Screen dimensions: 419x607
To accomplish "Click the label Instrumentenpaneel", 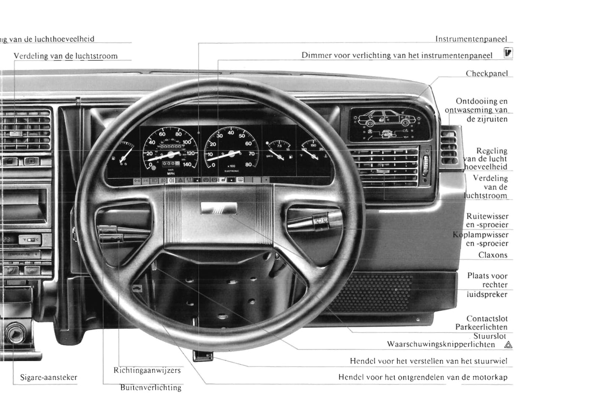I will [471, 39].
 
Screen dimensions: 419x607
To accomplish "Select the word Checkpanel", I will [486, 73].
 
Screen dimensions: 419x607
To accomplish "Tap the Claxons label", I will [492, 255].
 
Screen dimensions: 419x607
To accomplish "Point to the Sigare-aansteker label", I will [49, 377].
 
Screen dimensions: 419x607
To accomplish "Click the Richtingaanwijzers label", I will [147, 370].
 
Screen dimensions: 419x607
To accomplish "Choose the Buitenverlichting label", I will [151, 388].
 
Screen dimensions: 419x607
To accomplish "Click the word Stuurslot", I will [490, 336].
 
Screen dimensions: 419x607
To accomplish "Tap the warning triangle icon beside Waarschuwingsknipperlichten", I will [508, 345].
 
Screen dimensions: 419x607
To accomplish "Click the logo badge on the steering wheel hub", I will [219, 209].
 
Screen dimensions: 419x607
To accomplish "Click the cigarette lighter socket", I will [16, 334].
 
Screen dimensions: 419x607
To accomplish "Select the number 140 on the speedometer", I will [187, 165].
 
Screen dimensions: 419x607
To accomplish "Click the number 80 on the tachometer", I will [248, 165].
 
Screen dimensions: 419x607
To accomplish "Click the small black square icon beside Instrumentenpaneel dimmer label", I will [508, 53].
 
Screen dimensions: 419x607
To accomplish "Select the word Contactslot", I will [486, 319].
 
